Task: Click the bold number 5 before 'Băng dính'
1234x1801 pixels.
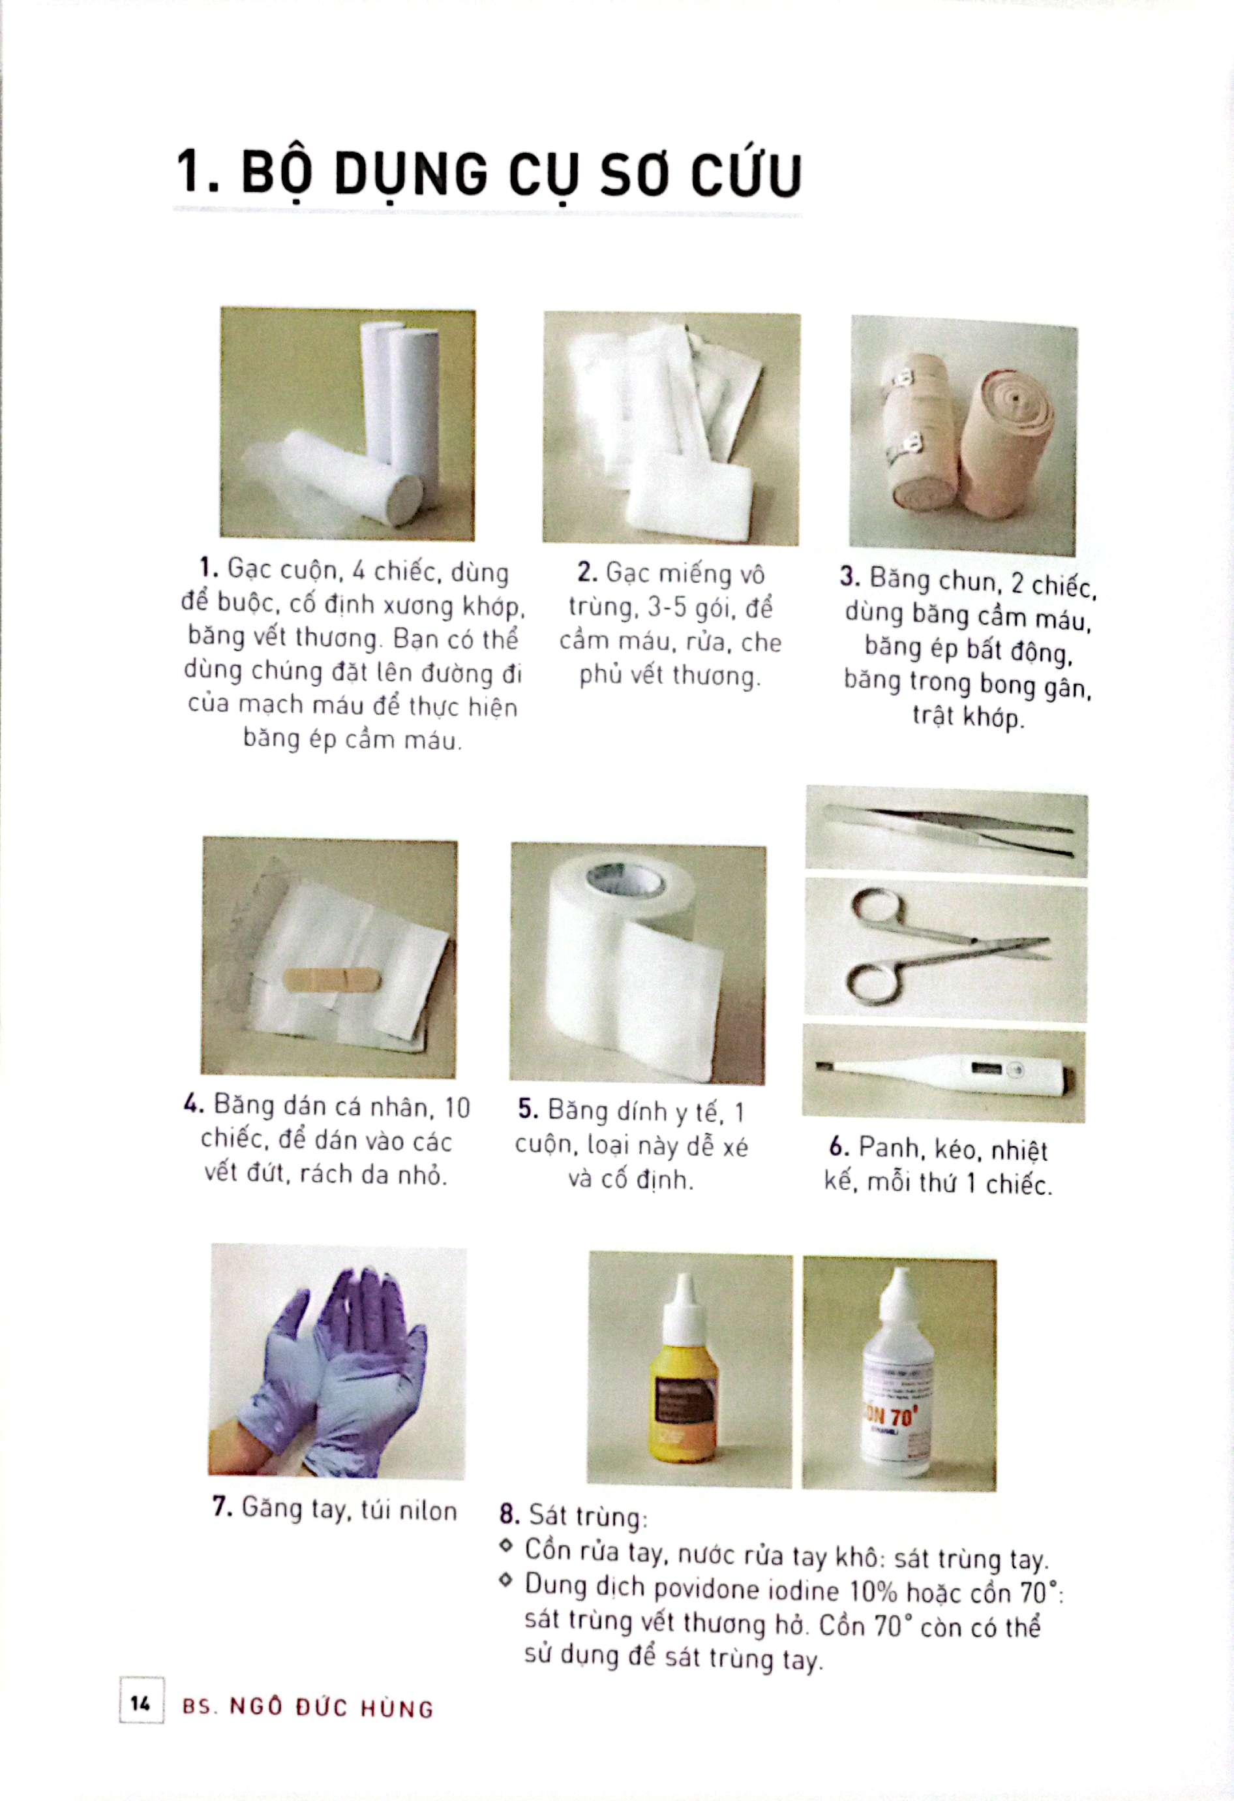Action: tap(527, 1110)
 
